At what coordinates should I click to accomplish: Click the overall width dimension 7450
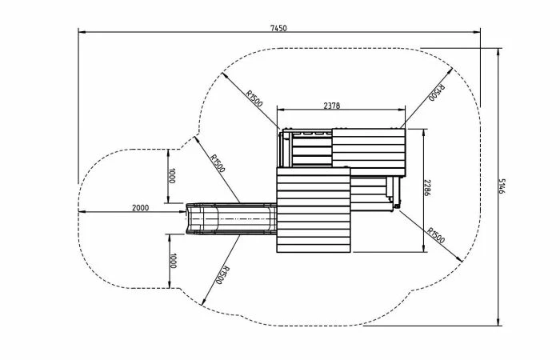(x=278, y=28)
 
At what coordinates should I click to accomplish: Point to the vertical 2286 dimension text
(x=428, y=188)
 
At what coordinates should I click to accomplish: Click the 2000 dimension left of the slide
(x=140, y=208)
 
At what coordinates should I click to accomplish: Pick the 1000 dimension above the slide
(x=171, y=176)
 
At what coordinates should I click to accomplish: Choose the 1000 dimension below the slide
(x=171, y=260)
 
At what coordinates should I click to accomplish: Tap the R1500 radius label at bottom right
(x=436, y=235)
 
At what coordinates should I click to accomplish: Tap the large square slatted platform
(x=314, y=210)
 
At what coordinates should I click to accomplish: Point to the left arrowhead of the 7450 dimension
(x=80, y=32)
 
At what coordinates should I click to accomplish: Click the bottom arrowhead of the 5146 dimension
(x=498, y=324)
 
